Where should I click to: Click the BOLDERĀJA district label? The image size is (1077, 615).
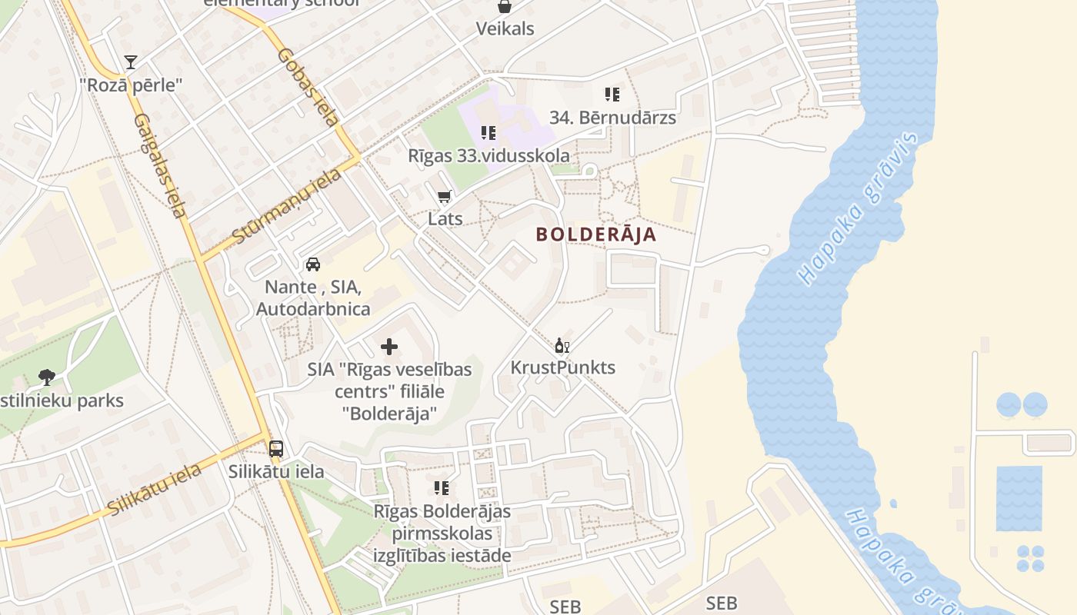click(596, 234)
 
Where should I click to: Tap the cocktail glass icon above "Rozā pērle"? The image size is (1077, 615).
click(131, 62)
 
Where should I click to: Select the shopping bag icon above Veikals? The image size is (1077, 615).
click(505, 7)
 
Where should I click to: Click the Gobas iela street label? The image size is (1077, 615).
click(308, 88)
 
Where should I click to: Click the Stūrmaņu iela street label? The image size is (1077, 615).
click(286, 206)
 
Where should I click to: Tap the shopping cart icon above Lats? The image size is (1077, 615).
click(444, 198)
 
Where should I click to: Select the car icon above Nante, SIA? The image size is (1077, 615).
click(313, 264)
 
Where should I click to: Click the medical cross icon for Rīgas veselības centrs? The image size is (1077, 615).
click(389, 347)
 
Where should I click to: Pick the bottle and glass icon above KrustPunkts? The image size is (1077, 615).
click(562, 345)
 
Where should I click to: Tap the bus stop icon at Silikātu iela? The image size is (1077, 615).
click(276, 449)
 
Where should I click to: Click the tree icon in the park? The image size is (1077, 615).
click(47, 377)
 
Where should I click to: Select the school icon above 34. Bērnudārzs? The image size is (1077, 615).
click(612, 95)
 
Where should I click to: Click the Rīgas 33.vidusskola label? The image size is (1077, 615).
click(489, 155)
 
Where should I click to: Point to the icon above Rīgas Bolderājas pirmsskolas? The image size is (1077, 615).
click(442, 488)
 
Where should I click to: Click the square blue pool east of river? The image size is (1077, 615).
click(1019, 498)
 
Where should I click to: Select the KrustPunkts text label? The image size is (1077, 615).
click(563, 367)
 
